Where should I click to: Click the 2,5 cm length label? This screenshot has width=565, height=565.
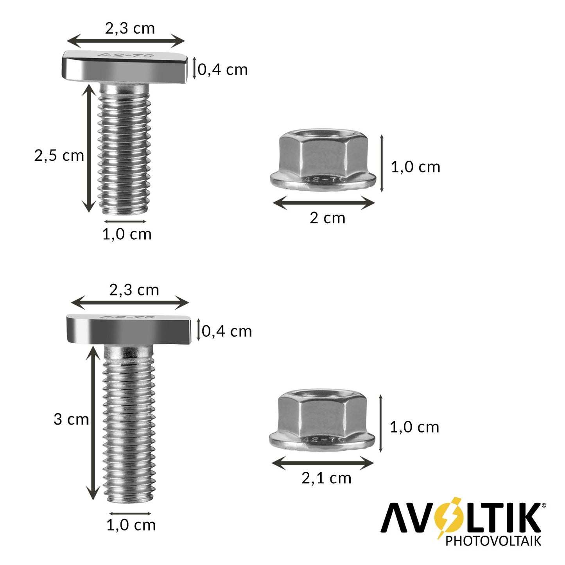[x=59, y=155]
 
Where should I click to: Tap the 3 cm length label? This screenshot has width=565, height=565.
[x=71, y=419]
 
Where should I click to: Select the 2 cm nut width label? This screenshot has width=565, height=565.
[x=328, y=218]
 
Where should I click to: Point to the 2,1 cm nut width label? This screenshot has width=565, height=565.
[x=326, y=479]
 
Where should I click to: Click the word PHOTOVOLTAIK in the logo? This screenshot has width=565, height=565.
[x=493, y=541]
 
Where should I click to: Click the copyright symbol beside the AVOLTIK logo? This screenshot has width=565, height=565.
[x=544, y=505]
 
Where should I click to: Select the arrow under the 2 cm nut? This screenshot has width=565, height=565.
[x=324, y=203]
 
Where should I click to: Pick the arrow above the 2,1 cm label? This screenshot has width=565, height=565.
[x=323, y=463]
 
